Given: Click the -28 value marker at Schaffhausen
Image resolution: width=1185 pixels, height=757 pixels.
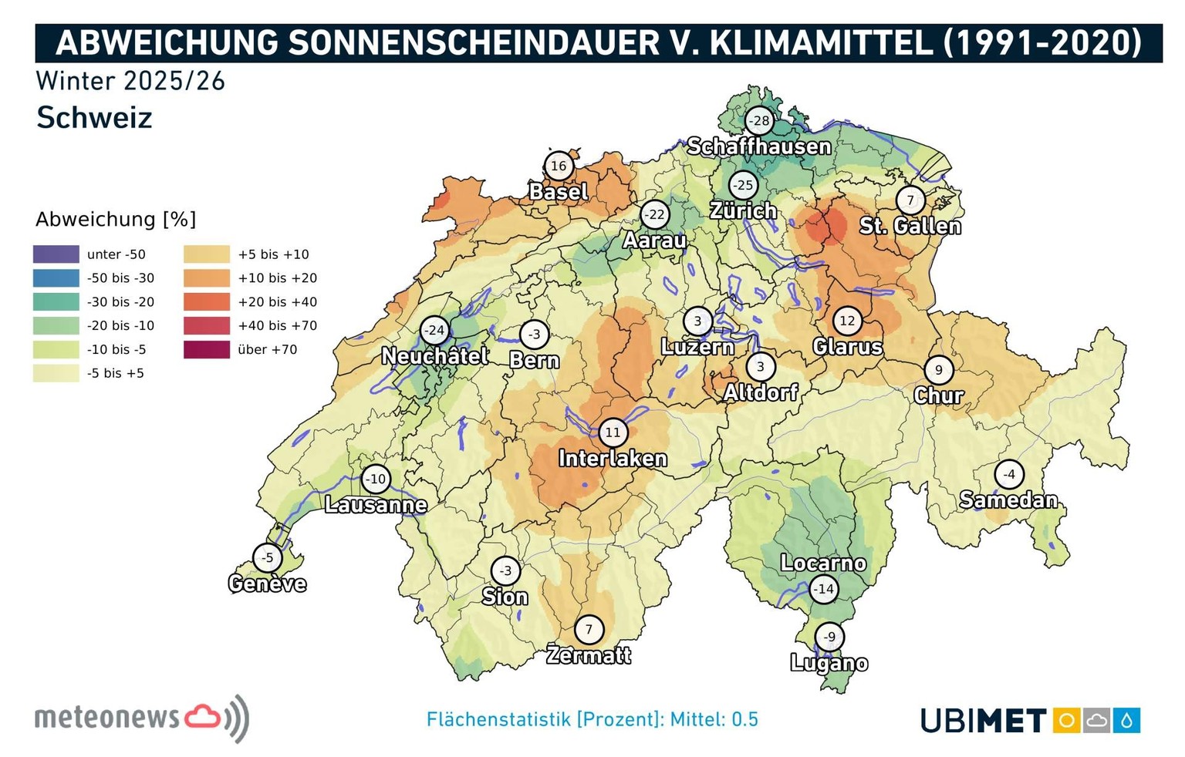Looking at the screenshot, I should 760,121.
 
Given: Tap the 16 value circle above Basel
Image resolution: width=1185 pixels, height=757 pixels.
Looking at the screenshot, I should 559,166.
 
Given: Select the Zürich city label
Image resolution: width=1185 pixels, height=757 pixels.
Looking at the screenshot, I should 743,210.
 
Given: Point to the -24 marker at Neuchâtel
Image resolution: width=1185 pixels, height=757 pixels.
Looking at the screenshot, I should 435,331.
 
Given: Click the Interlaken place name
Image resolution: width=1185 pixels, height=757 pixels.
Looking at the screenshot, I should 613,459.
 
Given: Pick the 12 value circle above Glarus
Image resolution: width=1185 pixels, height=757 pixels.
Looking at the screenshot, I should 847,321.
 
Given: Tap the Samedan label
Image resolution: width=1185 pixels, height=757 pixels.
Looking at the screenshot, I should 1008,500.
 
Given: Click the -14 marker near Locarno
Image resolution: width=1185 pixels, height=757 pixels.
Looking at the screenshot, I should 824,590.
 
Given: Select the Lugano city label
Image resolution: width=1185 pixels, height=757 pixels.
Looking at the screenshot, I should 829,663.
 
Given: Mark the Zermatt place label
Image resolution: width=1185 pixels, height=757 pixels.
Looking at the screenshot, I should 589,655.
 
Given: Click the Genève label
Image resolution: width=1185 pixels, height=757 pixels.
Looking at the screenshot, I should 267,584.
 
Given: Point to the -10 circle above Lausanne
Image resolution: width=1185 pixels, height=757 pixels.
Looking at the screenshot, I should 376,479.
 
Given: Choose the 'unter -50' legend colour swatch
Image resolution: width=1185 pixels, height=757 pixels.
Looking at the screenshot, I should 56,254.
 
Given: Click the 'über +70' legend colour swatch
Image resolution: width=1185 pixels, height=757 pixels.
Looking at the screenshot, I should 206,350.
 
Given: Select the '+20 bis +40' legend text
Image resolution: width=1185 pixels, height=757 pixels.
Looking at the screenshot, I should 277,302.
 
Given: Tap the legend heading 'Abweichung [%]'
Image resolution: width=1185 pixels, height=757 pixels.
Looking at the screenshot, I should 116,220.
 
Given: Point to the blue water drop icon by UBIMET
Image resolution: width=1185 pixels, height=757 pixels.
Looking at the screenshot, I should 1127,721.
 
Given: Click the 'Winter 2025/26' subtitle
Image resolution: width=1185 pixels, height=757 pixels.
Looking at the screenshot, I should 130,81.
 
